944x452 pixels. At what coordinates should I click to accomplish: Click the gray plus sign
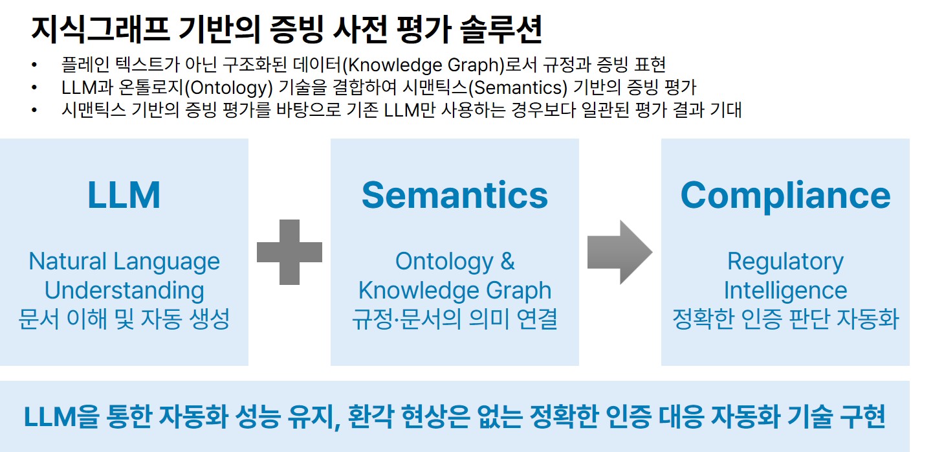(289, 252)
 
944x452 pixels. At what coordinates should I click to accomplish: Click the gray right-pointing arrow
(620, 252)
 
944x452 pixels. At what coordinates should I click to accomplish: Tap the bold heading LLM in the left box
(124, 195)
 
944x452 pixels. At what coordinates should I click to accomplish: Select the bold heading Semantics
(455, 195)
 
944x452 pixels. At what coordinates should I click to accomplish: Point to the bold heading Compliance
(785, 196)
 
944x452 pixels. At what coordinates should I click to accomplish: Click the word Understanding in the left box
(124, 291)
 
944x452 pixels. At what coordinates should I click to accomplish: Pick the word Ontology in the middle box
(445, 262)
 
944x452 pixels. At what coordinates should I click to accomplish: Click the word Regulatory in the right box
(785, 262)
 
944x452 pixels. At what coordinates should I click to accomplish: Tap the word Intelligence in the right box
(785, 291)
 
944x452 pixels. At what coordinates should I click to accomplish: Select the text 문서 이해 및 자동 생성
(124, 319)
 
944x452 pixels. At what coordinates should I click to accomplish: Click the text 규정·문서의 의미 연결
(455, 319)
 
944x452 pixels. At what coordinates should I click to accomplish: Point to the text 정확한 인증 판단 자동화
(785, 319)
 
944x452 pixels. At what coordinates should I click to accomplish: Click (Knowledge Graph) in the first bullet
(424, 65)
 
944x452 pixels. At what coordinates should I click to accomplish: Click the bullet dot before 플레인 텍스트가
(34, 65)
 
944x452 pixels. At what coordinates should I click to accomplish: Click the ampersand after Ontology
(507, 261)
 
